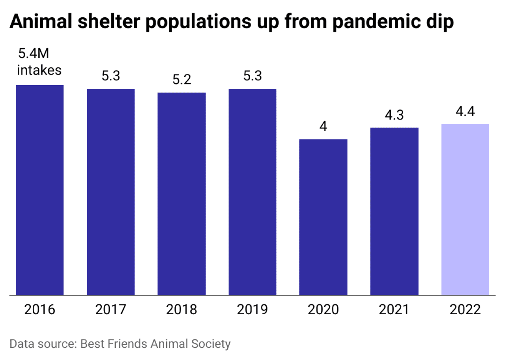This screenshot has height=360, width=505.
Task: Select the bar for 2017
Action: point(110,192)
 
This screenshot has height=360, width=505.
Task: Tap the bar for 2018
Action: point(181,194)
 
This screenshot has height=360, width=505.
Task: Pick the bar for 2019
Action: point(252,192)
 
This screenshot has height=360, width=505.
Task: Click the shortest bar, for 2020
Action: point(323,217)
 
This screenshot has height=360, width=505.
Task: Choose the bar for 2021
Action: point(394,211)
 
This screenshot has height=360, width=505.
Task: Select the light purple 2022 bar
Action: point(465,209)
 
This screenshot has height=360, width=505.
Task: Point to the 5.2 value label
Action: point(181,80)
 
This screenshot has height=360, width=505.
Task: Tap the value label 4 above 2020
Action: point(323,127)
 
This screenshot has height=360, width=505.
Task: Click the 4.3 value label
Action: point(394,115)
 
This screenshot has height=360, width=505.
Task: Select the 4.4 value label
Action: point(465,111)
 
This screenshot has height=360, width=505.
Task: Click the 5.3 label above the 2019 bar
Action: point(252,76)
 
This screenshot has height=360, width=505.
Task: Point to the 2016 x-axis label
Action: point(39,310)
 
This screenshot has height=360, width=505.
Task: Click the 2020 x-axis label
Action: point(323,310)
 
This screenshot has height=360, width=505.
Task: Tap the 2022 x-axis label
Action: point(465,310)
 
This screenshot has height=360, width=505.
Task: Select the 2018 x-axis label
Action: point(181,310)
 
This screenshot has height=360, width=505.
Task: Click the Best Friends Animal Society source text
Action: point(155,343)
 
